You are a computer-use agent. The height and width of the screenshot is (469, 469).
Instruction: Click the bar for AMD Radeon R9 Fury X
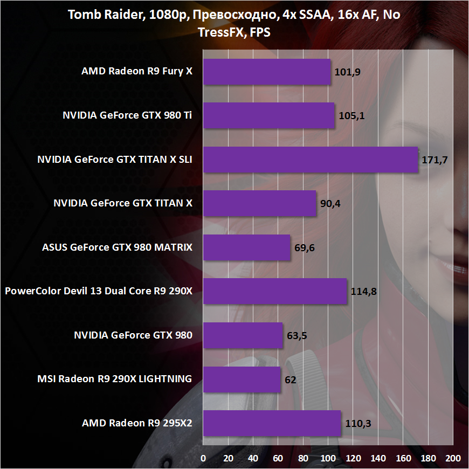pos(267,72)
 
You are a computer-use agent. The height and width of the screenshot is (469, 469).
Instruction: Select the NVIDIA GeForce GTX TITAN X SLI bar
pos(310,160)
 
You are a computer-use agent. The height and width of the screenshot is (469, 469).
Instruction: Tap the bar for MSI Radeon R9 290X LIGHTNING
pos(242,380)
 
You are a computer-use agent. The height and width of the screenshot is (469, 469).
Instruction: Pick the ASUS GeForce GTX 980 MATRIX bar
pos(246,248)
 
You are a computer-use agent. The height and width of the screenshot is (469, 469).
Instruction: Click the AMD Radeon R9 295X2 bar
pos(272,423)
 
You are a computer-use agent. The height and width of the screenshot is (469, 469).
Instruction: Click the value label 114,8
pos(363,292)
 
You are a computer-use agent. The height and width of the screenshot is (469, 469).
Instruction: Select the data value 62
pos(290,380)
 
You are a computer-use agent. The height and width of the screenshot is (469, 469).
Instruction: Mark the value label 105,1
pos(351,116)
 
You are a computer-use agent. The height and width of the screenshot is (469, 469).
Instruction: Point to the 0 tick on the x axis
pos(203,458)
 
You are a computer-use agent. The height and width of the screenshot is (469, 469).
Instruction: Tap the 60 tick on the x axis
pos(278,458)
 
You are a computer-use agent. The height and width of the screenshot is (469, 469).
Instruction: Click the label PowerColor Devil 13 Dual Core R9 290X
pos(99,292)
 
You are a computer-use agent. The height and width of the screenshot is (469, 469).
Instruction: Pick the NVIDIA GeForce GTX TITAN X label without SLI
pos(123,203)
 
